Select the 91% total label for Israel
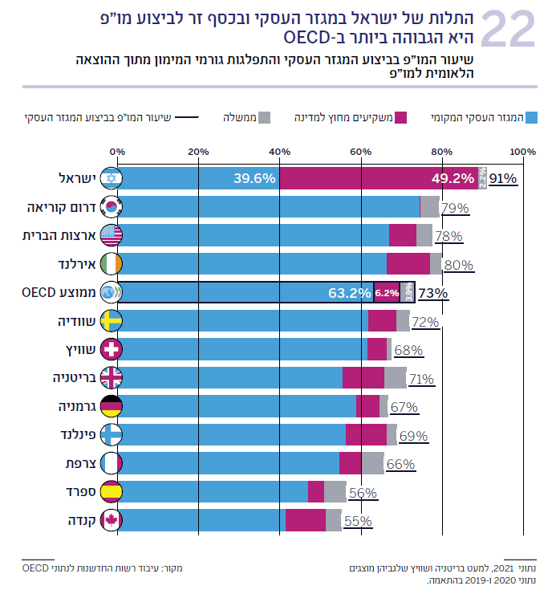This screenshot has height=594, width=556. click(503, 179)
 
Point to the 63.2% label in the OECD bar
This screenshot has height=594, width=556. click(350, 293)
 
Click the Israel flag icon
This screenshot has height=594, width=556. click(110, 178)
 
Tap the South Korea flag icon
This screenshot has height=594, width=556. click(110, 206)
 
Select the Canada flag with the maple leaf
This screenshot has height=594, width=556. click(110, 520)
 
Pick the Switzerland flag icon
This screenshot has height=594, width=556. click(110, 349)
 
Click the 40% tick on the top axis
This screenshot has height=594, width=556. click(279, 151)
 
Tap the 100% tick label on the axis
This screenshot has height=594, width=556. click(522, 151)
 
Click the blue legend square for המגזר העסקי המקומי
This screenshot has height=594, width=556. click(531, 118)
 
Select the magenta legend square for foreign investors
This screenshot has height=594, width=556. click(402, 118)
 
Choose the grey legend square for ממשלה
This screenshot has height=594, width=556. click(265, 118)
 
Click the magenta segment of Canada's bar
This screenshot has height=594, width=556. click(306, 520)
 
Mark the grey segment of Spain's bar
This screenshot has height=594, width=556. click(335, 491)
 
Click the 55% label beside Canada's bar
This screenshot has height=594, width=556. click(358, 521)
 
